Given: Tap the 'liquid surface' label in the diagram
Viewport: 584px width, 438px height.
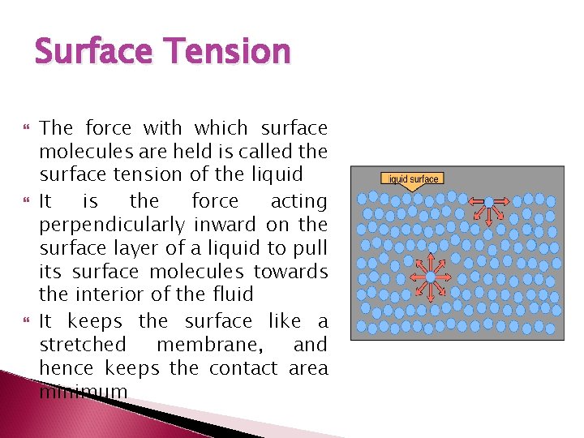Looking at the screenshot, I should coord(413,178).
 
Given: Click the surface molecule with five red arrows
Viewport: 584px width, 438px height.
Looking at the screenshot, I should coord(489,202).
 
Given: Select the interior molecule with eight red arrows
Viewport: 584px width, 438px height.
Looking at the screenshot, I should coord(431,277).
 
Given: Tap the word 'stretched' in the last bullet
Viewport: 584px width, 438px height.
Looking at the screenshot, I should coord(83,345).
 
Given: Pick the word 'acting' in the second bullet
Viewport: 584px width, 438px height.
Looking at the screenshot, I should coord(298,200).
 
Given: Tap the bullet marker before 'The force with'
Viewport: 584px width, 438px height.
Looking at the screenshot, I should coord(21,128).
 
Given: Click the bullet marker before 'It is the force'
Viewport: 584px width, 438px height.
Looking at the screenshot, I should coord(21,200).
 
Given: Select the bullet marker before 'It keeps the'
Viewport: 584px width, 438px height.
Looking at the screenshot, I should coord(21,321).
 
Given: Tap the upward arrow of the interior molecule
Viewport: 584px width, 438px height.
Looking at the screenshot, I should coord(431,261).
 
